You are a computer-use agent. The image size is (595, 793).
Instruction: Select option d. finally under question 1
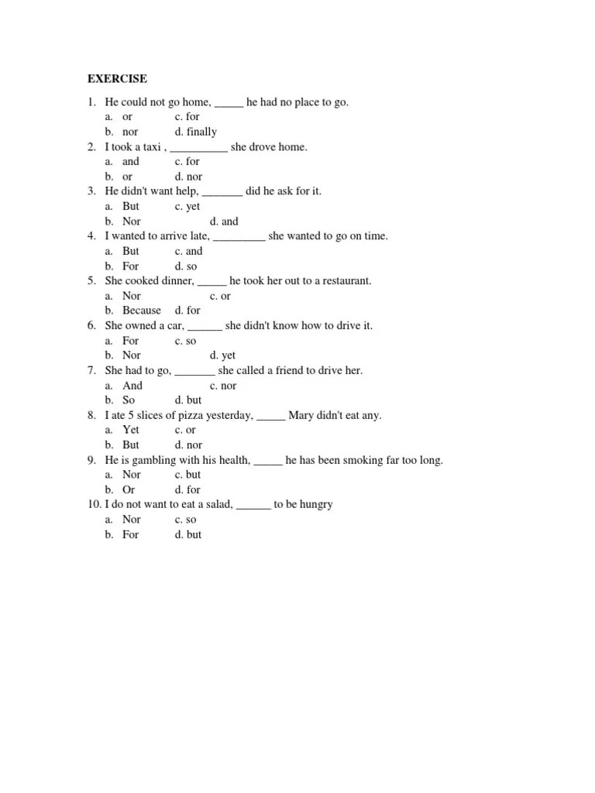pyautogui.click(x=195, y=132)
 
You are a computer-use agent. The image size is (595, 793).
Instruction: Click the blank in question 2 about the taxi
pyautogui.click(x=198, y=147)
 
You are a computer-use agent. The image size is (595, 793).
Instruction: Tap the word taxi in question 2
pyautogui.click(x=151, y=147)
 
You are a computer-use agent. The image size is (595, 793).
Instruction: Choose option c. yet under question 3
pyautogui.click(x=187, y=207)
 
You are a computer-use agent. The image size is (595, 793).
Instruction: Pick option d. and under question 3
pyautogui.click(x=224, y=221)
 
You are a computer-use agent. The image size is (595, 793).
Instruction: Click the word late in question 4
pyautogui.click(x=198, y=236)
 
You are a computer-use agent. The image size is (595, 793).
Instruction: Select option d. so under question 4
pyautogui.click(x=186, y=266)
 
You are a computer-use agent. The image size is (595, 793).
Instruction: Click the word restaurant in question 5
pyautogui.click(x=343, y=281)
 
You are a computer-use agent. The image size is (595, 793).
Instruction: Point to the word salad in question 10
pyautogui.click(x=217, y=505)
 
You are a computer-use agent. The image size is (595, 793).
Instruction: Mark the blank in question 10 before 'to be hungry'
pyautogui.click(x=253, y=505)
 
